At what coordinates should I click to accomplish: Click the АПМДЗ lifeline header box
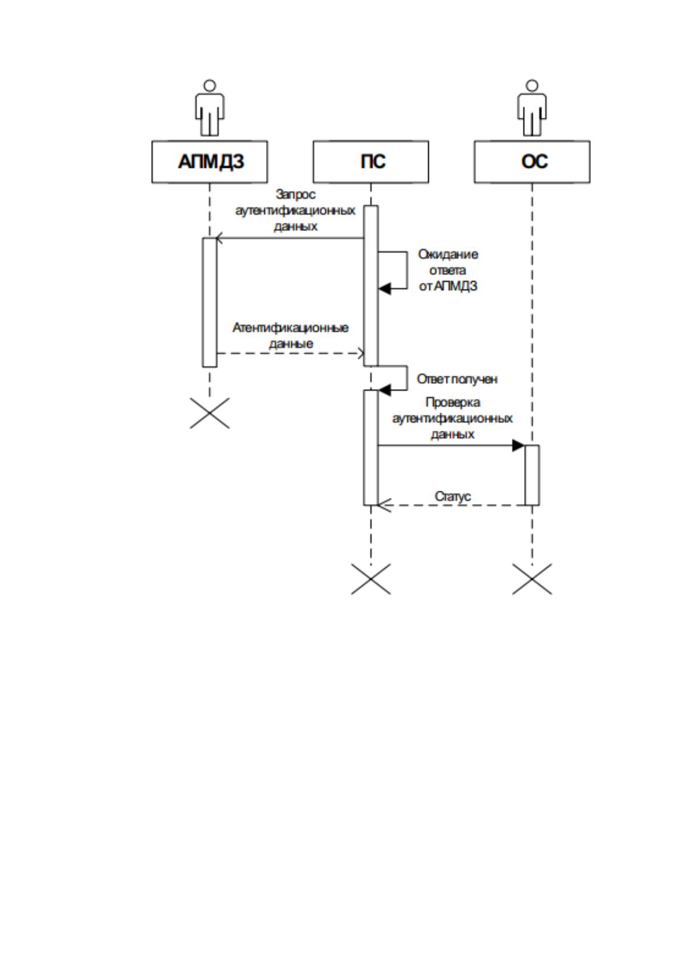click(x=210, y=162)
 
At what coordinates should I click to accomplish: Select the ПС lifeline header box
click(x=371, y=162)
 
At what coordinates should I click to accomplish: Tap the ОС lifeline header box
click(x=532, y=162)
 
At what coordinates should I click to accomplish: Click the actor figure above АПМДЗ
click(x=210, y=108)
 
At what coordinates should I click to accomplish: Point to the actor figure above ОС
click(x=532, y=108)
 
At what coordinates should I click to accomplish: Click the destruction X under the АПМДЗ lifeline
click(x=210, y=413)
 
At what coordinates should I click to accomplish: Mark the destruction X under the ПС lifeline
click(x=371, y=579)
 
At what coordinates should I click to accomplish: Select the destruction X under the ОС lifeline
click(x=532, y=579)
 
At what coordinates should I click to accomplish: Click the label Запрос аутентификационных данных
click(x=295, y=210)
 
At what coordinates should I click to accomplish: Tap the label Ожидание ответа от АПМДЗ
click(x=448, y=270)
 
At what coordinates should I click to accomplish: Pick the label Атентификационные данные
click(x=291, y=335)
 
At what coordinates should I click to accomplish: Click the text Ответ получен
click(x=457, y=379)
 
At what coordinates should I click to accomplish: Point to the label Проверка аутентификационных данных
click(x=452, y=418)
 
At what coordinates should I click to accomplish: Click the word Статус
click(x=453, y=496)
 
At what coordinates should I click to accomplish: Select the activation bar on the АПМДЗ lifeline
click(x=210, y=302)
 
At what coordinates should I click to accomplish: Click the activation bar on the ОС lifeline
click(x=532, y=475)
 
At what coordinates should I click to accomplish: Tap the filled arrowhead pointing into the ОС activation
click(x=518, y=446)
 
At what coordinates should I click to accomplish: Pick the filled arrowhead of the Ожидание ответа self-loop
click(x=385, y=288)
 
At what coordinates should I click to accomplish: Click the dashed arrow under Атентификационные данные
click(x=291, y=354)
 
